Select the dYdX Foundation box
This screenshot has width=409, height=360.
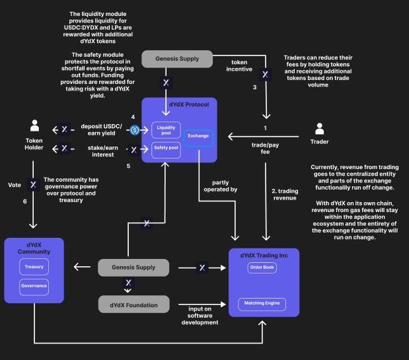click(x=133, y=304)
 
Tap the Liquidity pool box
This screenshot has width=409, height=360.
click(x=165, y=130)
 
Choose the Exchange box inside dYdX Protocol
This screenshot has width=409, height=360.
click(x=198, y=136)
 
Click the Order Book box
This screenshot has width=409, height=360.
click(x=262, y=268)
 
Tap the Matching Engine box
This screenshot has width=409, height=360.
click(x=262, y=304)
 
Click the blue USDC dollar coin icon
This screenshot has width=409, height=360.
click(x=134, y=130)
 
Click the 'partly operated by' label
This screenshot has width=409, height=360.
click(x=225, y=186)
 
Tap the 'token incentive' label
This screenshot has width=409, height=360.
click(x=240, y=67)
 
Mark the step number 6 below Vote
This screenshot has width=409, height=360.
click(x=24, y=201)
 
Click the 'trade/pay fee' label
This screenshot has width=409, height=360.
click(x=264, y=148)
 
